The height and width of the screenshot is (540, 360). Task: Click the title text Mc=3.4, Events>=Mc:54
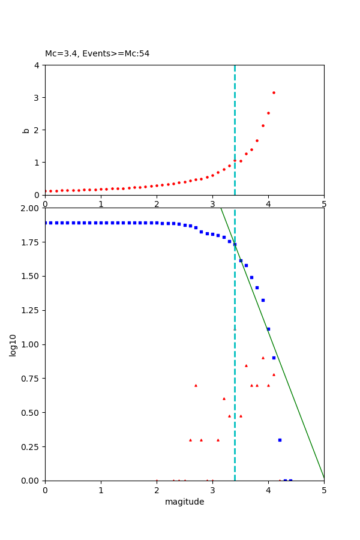pyautogui.click(x=97, y=54)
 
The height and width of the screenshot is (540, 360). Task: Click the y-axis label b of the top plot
pyautogui.click(x=26, y=130)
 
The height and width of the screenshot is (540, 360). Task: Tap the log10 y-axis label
pyautogui.click(x=13, y=344)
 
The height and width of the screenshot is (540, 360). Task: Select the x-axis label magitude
pyautogui.click(x=184, y=502)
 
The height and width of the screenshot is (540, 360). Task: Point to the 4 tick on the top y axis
pyautogui.click(x=37, y=65)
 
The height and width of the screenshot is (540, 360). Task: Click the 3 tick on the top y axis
pyautogui.click(x=37, y=97)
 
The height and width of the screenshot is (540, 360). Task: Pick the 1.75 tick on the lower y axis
pyautogui.click(x=31, y=242)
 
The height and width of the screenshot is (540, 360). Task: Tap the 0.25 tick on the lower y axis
pyautogui.click(x=31, y=447)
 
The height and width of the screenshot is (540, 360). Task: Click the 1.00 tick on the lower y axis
pyautogui.click(x=31, y=344)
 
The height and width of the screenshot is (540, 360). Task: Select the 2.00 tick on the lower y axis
pyautogui.click(x=31, y=208)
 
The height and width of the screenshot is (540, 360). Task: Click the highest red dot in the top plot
pyautogui.click(x=274, y=92)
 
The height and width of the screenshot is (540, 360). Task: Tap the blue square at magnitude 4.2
pyautogui.click(x=280, y=440)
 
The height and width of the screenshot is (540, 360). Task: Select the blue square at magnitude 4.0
pyautogui.click(x=268, y=329)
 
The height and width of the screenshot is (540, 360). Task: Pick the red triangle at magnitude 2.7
pyautogui.click(x=196, y=385)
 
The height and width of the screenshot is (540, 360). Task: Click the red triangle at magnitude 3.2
pyautogui.click(x=224, y=398)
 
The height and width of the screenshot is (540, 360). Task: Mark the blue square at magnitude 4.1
pyautogui.click(x=274, y=358)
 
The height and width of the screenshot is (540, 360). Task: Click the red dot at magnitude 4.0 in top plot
pyautogui.click(x=268, y=113)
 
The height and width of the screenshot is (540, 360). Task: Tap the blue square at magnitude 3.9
pyautogui.click(x=263, y=300)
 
